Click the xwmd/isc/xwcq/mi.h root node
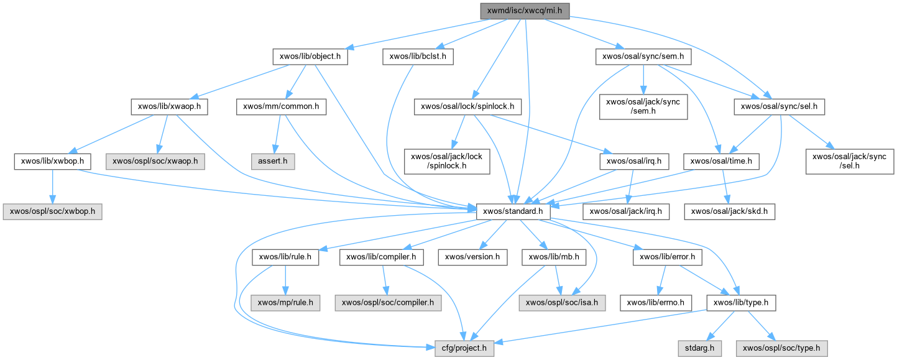pyautogui.click(x=525, y=10)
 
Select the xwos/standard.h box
pyautogui.click(x=513, y=211)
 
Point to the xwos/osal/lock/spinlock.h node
pyautogui.click(x=467, y=107)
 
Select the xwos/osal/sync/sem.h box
pyautogui.click(x=643, y=57)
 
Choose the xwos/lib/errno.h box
pyautogui.click(x=656, y=303)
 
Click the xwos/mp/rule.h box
pyautogui.click(x=286, y=303)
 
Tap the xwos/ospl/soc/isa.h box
pyautogui.click(x=562, y=303)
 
